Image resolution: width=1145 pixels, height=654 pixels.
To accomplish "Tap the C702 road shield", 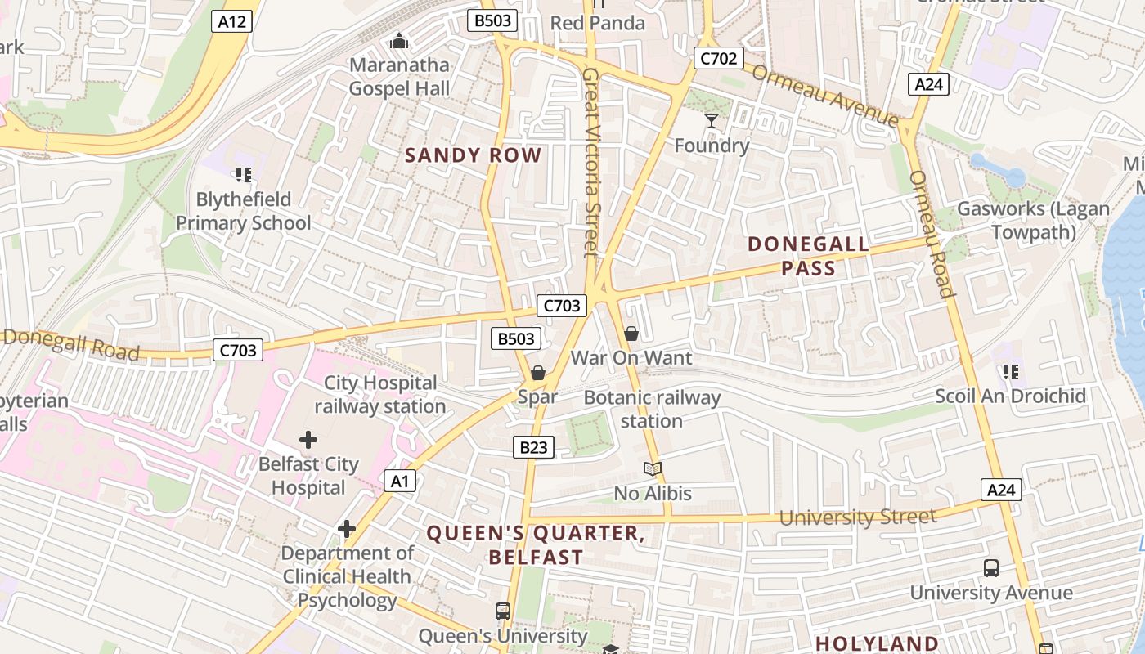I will [x=718, y=58].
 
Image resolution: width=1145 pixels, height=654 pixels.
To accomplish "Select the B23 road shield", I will [x=533, y=447].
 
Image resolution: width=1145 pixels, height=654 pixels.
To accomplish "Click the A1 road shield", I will [x=399, y=481].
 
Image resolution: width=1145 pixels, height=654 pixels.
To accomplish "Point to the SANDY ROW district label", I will [x=474, y=155].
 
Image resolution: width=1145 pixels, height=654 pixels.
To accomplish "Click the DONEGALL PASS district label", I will [x=808, y=256].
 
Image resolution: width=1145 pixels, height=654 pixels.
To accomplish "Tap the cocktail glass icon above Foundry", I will [x=712, y=121].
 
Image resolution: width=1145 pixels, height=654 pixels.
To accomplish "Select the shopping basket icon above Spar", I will [x=538, y=374].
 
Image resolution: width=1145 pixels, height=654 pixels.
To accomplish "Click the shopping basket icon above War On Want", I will [x=631, y=334].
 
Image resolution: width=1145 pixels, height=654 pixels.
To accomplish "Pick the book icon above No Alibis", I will [x=652, y=469].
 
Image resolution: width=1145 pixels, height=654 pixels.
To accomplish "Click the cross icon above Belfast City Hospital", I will [x=308, y=440].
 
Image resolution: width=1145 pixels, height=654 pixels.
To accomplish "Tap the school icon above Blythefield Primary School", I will [x=243, y=174].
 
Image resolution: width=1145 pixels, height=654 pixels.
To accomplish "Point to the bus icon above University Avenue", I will [x=991, y=567].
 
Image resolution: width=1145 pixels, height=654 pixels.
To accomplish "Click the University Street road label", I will [x=857, y=517].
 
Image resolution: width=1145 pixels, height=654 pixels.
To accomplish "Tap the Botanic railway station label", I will [x=652, y=410].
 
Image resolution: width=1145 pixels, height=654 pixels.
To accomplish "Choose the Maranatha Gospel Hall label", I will [x=399, y=76].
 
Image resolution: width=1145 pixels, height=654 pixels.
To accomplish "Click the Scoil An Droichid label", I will [x=1011, y=396].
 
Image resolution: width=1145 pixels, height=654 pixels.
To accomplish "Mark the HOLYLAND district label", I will [x=877, y=643].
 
